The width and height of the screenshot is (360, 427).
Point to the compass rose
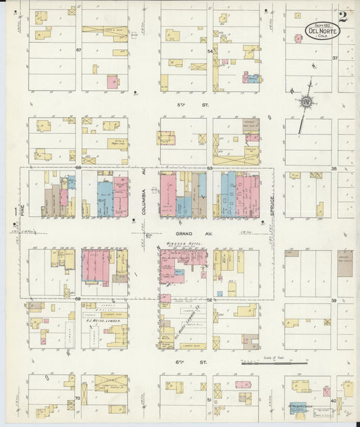pos(306,102)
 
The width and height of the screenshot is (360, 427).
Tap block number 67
pos(78,50)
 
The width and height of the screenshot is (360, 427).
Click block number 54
pos(210,51)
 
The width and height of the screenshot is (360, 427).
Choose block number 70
pos(78,399)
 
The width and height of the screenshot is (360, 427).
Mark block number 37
pos(334,58)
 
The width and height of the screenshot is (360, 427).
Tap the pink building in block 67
pos(113,82)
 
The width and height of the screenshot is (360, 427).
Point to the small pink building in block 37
pos(298,39)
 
